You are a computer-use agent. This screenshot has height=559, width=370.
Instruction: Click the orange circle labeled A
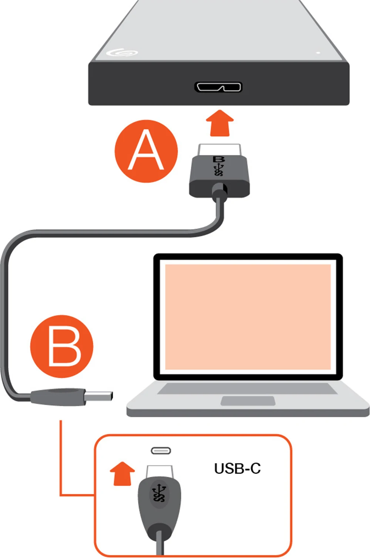[146, 151]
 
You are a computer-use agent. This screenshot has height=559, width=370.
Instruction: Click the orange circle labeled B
[62, 346]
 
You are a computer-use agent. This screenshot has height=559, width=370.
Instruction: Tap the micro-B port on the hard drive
[218, 87]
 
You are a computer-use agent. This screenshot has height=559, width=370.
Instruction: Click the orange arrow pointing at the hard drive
[220, 123]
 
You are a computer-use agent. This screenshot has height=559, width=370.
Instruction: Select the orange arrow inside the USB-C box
[122, 473]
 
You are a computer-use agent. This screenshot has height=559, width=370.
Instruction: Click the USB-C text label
[237, 468]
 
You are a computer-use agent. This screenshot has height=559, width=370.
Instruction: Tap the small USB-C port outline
[161, 451]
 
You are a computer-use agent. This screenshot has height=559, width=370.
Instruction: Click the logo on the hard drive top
[122, 52]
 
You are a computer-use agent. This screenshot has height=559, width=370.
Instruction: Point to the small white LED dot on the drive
[318, 52]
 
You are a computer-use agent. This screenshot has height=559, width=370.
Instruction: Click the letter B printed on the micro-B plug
[219, 159]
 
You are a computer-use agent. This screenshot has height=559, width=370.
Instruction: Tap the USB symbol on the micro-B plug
[219, 170]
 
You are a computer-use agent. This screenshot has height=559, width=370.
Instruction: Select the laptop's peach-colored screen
[248, 317]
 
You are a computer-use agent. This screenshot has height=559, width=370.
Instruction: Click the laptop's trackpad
[248, 401]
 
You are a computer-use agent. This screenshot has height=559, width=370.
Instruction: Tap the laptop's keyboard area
[247, 389]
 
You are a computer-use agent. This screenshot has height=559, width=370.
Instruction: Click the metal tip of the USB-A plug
[99, 396]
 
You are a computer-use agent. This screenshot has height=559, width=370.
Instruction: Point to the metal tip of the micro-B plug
[219, 150]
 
